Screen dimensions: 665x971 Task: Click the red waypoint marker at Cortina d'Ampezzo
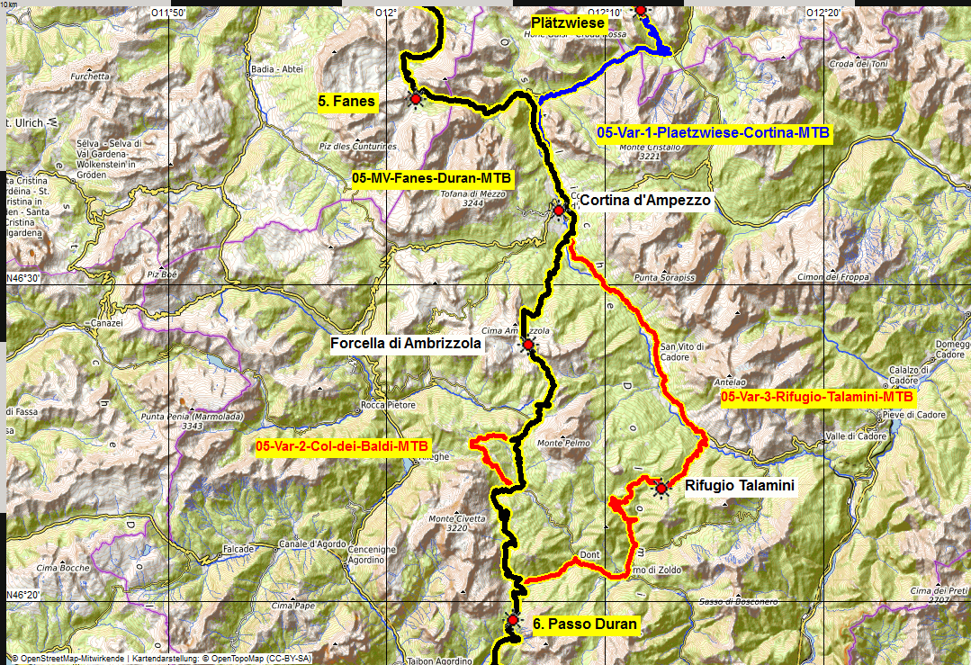(559, 211)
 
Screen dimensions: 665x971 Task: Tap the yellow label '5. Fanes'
(346, 102)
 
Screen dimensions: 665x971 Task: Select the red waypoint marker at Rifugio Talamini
(661, 489)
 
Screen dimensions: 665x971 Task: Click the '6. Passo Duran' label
(584, 624)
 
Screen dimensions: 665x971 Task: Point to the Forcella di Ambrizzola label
(406, 343)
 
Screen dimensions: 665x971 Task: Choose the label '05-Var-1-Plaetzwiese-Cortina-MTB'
(714, 133)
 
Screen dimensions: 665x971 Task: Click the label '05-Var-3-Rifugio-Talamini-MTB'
(817, 396)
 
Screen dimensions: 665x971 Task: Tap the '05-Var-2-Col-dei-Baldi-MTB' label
(343, 446)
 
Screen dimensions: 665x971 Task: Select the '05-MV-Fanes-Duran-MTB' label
(432, 179)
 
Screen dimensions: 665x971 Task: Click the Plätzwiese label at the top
(568, 22)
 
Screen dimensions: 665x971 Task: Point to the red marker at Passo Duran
(513, 620)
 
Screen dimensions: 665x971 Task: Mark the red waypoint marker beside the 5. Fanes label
(415, 99)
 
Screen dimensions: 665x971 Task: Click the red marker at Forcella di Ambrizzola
(528, 344)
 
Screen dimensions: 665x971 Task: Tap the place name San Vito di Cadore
(682, 352)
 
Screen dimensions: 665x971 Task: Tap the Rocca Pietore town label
(388, 405)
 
